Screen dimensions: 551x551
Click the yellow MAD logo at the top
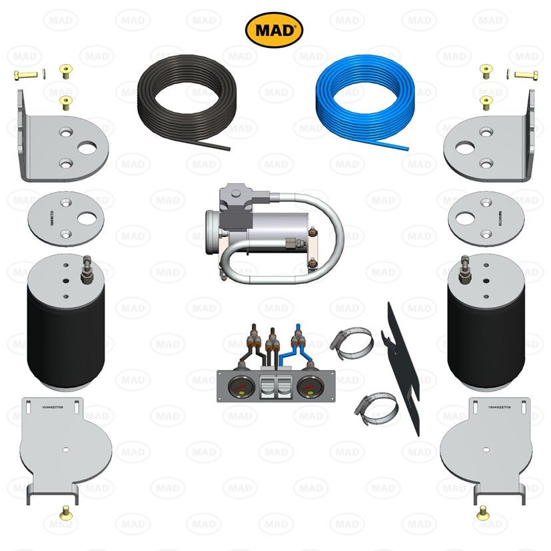click(x=275, y=29)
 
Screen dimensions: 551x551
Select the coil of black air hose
click(x=183, y=99)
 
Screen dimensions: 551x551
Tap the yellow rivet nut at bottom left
click(x=66, y=512)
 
